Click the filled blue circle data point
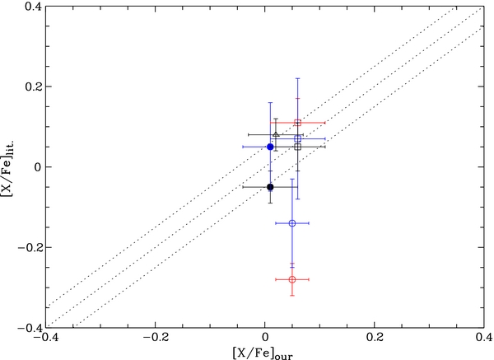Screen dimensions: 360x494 (x=270, y=147)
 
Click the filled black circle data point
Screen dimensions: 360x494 (x=270, y=187)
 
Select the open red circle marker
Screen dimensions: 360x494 (x=292, y=279)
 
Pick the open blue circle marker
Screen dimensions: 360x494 (x=292, y=223)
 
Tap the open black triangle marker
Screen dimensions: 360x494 (x=276, y=135)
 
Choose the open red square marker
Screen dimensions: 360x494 (x=298, y=123)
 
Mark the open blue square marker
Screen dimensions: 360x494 (x=298, y=138)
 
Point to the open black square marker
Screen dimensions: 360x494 (x=298, y=147)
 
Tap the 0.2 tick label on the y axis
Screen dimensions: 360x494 (x=31, y=86)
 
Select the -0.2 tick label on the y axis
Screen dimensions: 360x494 (x=29, y=247)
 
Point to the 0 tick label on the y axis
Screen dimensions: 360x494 (x=38, y=166)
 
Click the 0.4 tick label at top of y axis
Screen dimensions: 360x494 (x=31, y=7)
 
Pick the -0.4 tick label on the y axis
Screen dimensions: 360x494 (x=29, y=327)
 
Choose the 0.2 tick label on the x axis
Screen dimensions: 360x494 (x=375, y=339)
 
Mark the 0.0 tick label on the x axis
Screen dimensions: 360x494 (x=265, y=339)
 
